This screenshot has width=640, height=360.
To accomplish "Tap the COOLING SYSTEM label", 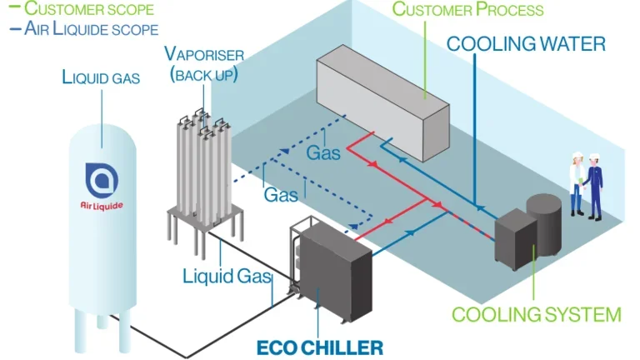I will click(536, 314).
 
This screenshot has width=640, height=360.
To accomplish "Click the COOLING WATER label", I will click(526, 43).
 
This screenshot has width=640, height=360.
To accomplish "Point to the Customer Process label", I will click(467, 10).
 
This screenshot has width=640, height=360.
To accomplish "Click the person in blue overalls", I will click(594, 186).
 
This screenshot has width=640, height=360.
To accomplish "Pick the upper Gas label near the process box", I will click(323, 153).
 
